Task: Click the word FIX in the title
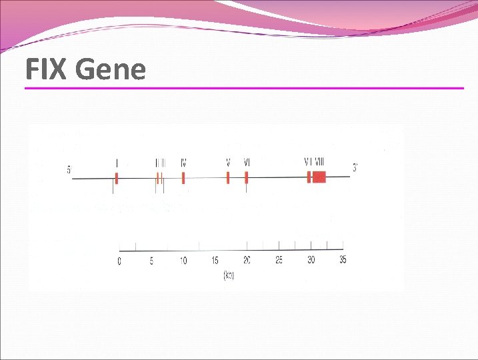47,69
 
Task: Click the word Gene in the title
111,69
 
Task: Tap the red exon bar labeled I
116,178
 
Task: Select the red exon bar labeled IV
183,178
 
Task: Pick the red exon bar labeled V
228,178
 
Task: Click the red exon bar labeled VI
247,178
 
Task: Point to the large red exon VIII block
319,177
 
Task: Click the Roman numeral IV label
183,163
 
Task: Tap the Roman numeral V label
228,163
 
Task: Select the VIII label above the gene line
320,161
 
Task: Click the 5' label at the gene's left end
69,170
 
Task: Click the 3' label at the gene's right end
355,169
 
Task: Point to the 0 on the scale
120,261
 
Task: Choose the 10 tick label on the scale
183,261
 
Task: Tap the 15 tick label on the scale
215,261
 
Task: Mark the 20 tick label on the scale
247,261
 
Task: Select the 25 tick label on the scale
279,261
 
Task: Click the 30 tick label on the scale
311,261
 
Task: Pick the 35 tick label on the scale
342,260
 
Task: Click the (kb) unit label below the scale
229,275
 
